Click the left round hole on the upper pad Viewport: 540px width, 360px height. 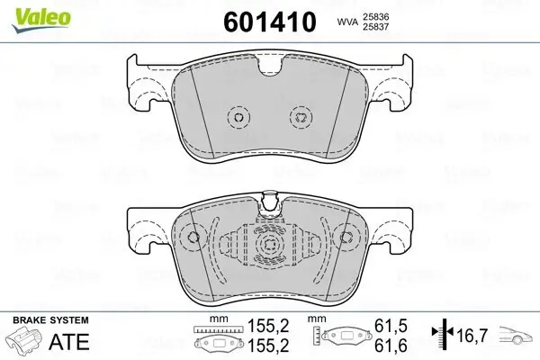pos(238,116)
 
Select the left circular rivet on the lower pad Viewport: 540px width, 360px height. pos(190,238)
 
